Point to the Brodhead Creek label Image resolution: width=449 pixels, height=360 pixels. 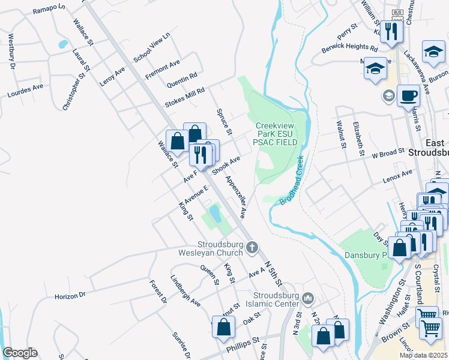291,181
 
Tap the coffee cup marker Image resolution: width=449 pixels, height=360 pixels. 408,95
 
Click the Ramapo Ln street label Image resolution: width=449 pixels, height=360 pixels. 49,10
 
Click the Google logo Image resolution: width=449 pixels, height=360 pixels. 20,353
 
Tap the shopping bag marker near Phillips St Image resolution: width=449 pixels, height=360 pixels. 224,328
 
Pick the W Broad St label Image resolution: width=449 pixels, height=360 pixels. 388,154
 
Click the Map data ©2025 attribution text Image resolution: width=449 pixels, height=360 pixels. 423,355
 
